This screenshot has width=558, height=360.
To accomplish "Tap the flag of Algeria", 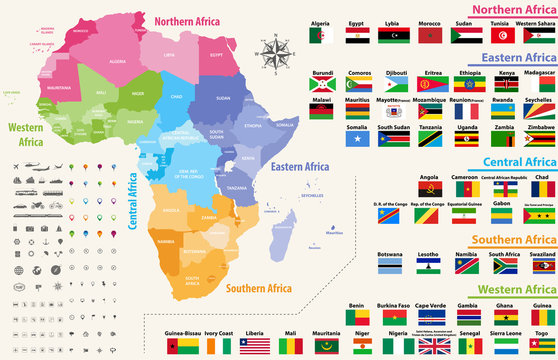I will pyautogui.click(x=320, y=36).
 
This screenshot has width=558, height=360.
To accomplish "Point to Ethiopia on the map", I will pyautogui.click(x=254, y=129).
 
